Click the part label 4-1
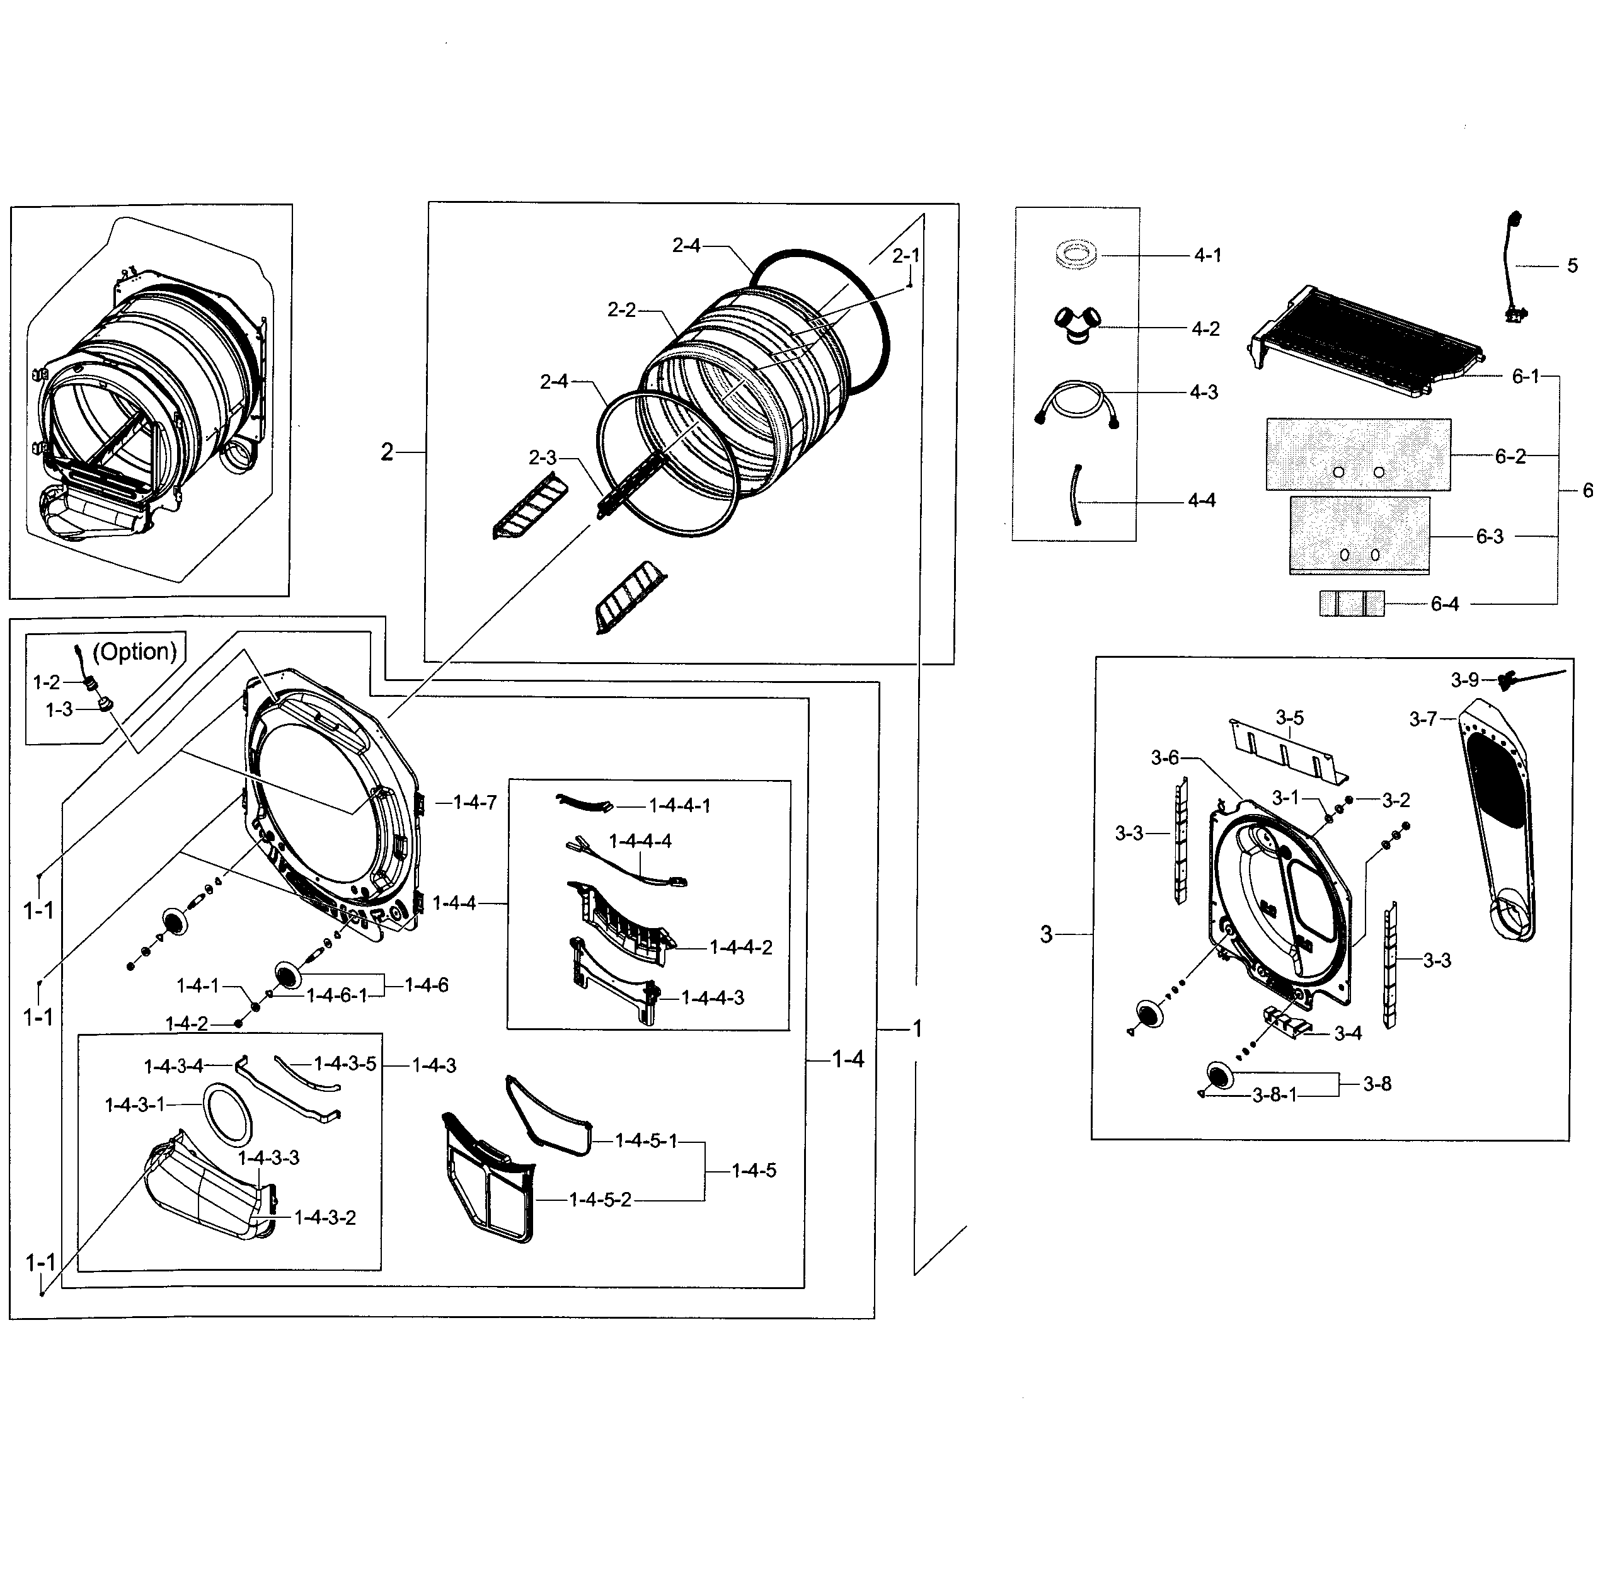coord(1207,256)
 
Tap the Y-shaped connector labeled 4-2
coord(1077,324)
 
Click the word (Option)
coord(134,652)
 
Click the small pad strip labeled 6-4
coord(1351,604)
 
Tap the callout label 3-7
coord(1423,719)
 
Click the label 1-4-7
coord(474,802)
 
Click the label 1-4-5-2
coord(600,1200)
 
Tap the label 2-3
coord(543,457)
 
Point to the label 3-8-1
coord(1274,1096)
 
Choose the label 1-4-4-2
coord(740,948)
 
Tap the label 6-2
coord(1510,456)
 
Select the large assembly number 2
coord(387,452)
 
